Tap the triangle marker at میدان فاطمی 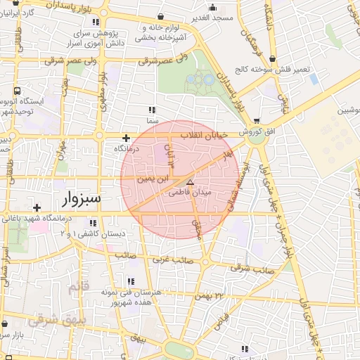pos(189,181)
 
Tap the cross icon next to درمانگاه pos(126,139)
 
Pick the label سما pos(152,121)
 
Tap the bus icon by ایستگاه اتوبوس pos(16,91)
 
